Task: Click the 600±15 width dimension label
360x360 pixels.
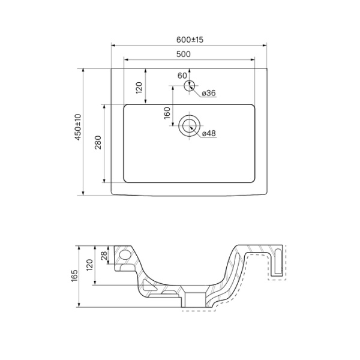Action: tap(190, 40)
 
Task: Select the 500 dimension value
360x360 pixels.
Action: tap(184, 54)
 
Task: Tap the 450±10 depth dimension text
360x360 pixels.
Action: tap(78, 127)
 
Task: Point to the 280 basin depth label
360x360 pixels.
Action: tap(98, 143)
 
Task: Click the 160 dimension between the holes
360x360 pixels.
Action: tap(167, 113)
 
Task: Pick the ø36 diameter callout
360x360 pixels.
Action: tap(209, 93)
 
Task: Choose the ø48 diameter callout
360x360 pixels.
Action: tap(209, 133)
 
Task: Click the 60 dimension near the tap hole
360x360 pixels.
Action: tap(182, 76)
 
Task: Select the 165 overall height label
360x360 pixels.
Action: tap(74, 276)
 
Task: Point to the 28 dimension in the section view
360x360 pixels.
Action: tap(104, 256)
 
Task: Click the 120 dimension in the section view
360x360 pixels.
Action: tap(89, 265)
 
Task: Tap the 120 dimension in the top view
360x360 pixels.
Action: tap(139, 88)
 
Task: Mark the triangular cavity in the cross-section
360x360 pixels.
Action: tap(147, 286)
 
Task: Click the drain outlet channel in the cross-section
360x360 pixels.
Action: tap(195, 299)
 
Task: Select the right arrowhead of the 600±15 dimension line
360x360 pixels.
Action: tap(265, 46)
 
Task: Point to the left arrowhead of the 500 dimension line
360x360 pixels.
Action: tap(126, 59)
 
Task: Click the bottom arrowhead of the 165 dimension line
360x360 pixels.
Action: tap(79, 305)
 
